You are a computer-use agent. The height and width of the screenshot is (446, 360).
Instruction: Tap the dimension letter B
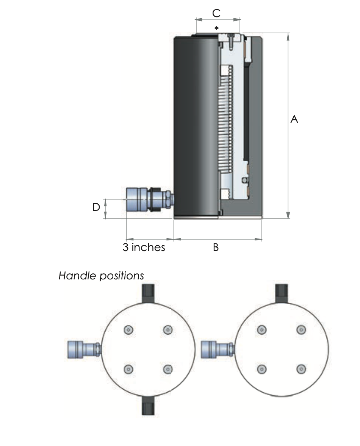[216, 248]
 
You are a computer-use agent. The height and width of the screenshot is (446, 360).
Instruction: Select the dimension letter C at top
[216, 13]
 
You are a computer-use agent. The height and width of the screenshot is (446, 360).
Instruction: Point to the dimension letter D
[96, 207]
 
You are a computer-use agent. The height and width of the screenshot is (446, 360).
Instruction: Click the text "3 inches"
[144, 248]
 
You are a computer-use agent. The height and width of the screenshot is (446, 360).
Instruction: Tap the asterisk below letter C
[216, 28]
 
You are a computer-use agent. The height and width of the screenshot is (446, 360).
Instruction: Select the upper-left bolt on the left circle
[129, 330]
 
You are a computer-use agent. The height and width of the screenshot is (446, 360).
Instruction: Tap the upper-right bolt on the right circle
[301, 330]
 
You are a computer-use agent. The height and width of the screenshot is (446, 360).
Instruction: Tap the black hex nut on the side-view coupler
[155, 199]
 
